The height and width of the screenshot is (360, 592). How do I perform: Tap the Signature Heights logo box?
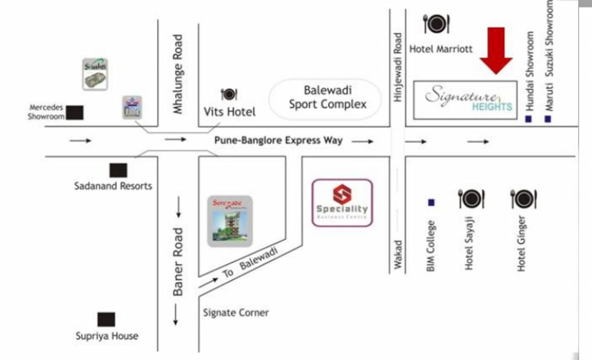pyautogui.click(x=465, y=100)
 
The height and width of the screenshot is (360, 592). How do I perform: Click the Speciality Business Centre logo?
pyautogui.click(x=342, y=202)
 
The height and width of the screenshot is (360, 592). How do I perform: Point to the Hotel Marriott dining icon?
pyautogui.click(x=436, y=23)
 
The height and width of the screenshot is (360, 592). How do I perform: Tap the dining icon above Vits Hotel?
pyautogui.click(x=229, y=94)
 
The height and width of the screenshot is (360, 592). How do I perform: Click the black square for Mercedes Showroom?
pyautogui.click(x=75, y=112)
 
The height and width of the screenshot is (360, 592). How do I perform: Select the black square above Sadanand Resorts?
pyautogui.click(x=118, y=170)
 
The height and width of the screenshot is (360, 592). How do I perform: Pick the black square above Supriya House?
pyautogui.click(x=106, y=320)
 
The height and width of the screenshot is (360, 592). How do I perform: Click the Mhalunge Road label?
pyautogui.click(x=178, y=74)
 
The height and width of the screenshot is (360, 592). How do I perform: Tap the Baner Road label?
pyautogui.click(x=178, y=262)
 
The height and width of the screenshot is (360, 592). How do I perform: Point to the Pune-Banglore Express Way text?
pyautogui.click(x=278, y=140)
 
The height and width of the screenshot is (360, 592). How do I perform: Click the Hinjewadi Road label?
pyautogui.click(x=398, y=67)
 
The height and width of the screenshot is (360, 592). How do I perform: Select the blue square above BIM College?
pyautogui.click(x=431, y=202)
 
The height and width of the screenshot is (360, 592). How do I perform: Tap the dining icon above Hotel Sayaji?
pyautogui.click(x=471, y=199)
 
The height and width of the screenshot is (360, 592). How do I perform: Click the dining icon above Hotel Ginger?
pyautogui.click(x=523, y=199)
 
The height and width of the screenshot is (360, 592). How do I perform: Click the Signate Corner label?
pyautogui.click(x=236, y=312)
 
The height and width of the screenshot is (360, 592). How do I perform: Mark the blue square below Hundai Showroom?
pyautogui.click(x=529, y=119)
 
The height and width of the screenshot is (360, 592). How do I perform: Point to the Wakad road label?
pyautogui.click(x=398, y=255)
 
